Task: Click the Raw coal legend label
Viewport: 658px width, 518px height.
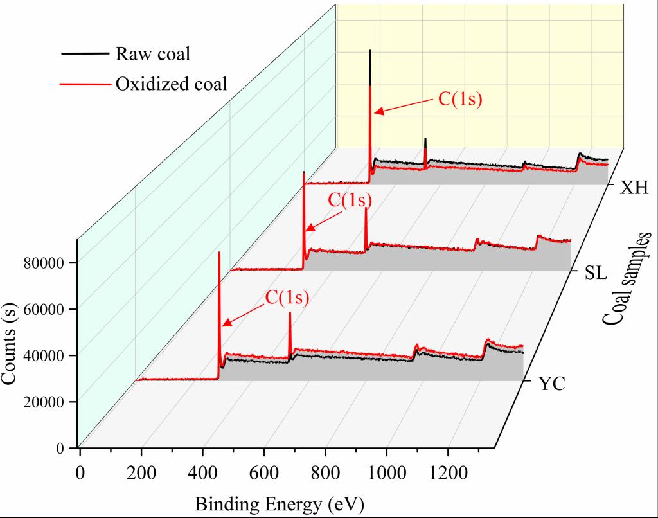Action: tap(152, 54)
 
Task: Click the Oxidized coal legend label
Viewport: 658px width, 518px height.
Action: tap(171, 84)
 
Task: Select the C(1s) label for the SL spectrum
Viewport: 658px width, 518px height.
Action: tap(350, 200)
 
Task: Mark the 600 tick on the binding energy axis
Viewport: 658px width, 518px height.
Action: tap(263, 474)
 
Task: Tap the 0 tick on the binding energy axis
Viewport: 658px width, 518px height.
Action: tap(80, 474)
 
